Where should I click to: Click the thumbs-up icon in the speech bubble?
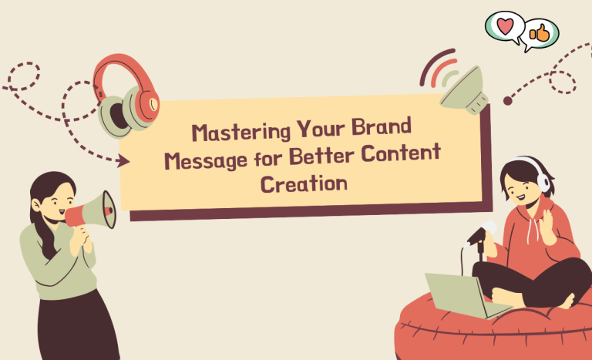point(539,32)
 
